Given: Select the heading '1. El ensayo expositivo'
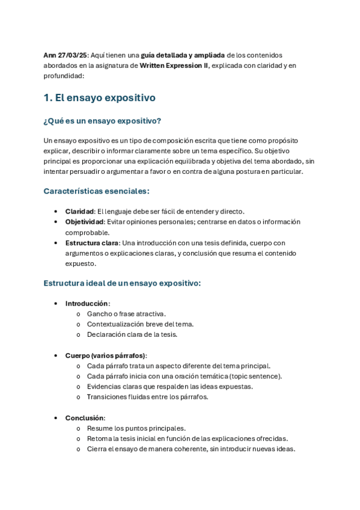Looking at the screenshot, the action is (x=100, y=97).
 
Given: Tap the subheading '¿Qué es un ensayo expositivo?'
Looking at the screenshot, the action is (x=102, y=121).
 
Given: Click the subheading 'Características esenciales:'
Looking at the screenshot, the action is (x=96, y=191).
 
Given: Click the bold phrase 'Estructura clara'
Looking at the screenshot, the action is (x=91, y=243).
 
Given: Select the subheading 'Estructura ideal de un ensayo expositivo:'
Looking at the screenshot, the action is (x=122, y=283).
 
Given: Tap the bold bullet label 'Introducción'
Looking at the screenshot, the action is (x=87, y=303).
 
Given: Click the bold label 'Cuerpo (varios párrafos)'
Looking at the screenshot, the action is (x=106, y=355).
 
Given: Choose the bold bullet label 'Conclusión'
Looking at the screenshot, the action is (x=85, y=418).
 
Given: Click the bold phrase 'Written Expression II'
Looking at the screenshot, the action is (x=174, y=66).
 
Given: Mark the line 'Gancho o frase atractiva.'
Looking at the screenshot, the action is (x=126, y=314).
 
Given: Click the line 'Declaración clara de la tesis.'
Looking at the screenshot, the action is (x=132, y=334).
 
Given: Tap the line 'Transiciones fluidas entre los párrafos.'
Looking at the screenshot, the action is (x=147, y=397).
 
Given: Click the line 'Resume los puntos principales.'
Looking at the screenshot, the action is (x=136, y=429).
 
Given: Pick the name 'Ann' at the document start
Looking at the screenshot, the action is (x=49, y=55).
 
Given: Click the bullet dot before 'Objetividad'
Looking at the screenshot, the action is (x=56, y=222).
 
